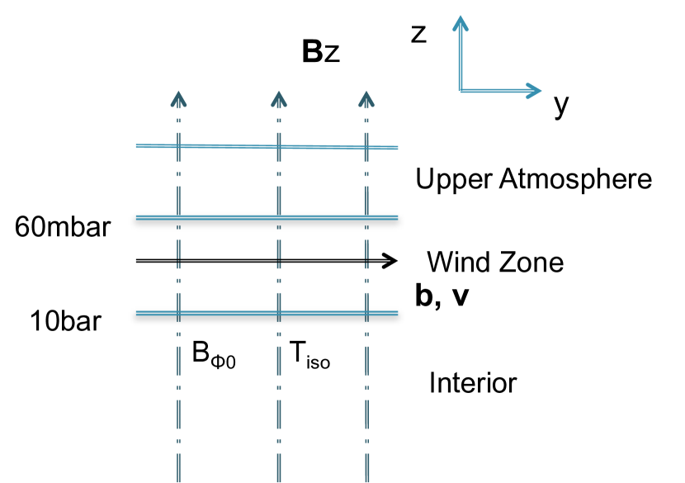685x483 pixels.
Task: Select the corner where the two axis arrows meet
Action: pyautogui.click(x=461, y=91)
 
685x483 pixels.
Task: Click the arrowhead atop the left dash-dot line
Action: pyautogui.click(x=178, y=98)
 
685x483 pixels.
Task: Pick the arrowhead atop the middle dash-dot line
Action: pyautogui.click(x=279, y=98)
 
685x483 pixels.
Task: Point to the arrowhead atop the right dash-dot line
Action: pyautogui.click(x=366, y=98)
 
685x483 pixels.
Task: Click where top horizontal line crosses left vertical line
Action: pyautogui.click(x=178, y=146)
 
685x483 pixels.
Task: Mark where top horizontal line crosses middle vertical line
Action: pyautogui.click(x=279, y=147)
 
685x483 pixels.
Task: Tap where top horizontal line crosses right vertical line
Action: pyautogui.click(x=366, y=148)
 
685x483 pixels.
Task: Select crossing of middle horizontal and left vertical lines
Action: pyautogui.click(x=178, y=217)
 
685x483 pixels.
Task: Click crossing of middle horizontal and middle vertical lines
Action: pyautogui.click(x=279, y=217)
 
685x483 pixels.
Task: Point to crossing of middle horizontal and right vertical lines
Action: pyautogui.click(x=366, y=217)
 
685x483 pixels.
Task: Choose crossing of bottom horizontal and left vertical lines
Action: pyautogui.click(x=178, y=313)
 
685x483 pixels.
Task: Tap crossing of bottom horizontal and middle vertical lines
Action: pyautogui.click(x=279, y=313)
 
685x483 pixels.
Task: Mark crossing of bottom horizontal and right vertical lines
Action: pyautogui.click(x=366, y=313)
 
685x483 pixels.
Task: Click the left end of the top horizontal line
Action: pyautogui.click(x=136, y=146)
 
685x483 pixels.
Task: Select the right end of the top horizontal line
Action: pyautogui.click(x=398, y=148)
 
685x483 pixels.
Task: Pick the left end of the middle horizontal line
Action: pyautogui.click(x=136, y=217)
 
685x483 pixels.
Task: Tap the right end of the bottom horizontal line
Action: pyautogui.click(x=398, y=313)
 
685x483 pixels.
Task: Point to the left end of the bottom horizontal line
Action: pyautogui.click(x=136, y=313)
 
